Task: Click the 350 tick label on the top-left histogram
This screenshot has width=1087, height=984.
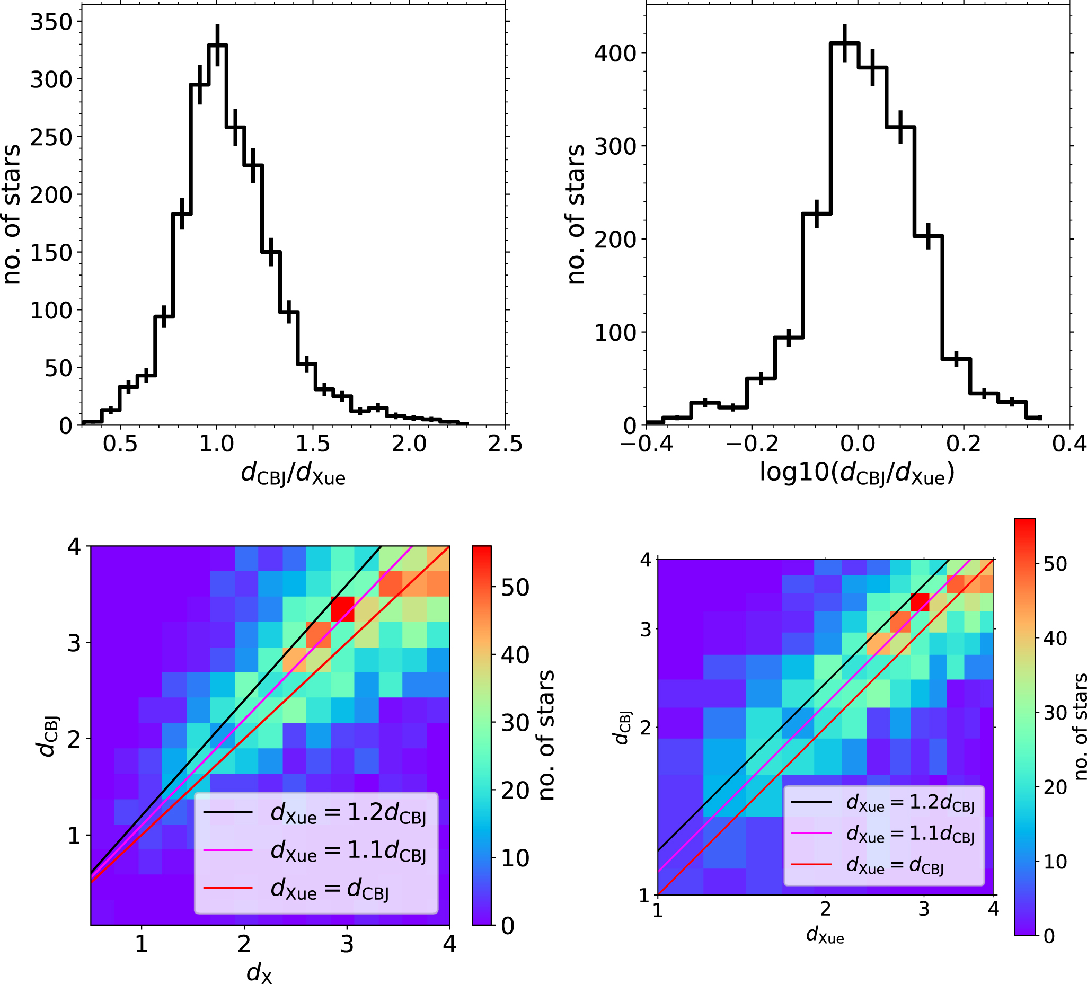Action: coord(51,22)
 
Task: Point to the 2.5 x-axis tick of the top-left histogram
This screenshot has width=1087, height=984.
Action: coord(505,444)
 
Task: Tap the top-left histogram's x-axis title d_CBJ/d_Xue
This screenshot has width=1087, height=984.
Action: coord(293,474)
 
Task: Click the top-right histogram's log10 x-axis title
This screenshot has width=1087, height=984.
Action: coord(857,473)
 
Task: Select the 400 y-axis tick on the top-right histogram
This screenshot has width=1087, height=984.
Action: coord(615,54)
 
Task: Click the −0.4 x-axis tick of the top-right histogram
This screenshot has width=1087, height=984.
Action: coord(646,444)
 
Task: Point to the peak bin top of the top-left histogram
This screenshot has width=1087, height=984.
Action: coord(217,45)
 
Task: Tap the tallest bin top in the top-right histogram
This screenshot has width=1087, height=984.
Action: coord(844,43)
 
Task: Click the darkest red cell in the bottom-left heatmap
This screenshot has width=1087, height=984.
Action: coord(342,609)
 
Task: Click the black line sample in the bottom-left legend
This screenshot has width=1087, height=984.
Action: coord(227,811)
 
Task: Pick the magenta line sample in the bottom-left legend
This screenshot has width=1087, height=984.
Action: coord(227,850)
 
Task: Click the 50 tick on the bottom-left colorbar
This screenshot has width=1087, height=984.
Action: coord(515,587)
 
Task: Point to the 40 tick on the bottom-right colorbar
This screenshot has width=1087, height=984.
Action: coord(1055,639)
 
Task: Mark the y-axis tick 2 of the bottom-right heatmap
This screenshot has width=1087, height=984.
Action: coord(645,728)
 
